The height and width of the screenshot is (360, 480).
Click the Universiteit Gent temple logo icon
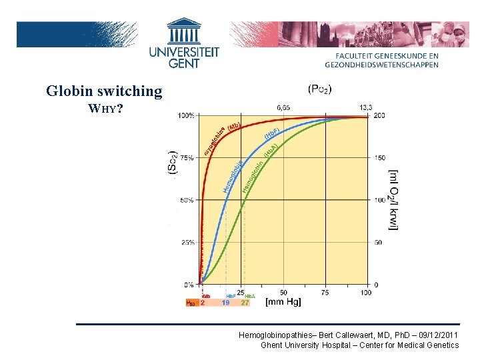(x=184, y=31)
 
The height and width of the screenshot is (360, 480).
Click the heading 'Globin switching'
(x=104, y=91)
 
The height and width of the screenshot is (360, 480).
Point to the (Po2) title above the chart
(x=320, y=89)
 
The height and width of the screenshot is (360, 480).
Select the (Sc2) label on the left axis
(x=172, y=162)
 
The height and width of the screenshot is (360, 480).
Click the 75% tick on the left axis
(x=187, y=158)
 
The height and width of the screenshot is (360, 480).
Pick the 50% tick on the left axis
(x=187, y=200)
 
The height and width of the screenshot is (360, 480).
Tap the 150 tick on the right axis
(x=380, y=158)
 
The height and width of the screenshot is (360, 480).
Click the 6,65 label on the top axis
(x=283, y=107)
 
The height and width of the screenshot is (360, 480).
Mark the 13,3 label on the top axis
(x=366, y=107)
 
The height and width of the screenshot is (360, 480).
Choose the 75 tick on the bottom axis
(x=325, y=293)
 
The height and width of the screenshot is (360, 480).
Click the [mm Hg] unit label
(x=283, y=303)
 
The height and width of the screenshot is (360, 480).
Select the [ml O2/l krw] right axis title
(x=394, y=200)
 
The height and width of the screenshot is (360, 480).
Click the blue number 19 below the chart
(x=226, y=303)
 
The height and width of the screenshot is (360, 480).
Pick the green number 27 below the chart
(x=245, y=303)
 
